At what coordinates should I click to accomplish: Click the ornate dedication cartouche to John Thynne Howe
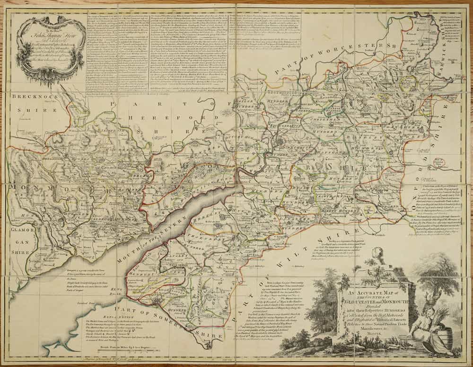coord(49,47)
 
